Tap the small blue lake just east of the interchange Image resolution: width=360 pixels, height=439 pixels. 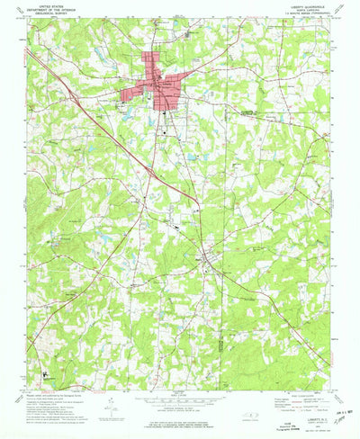point(192,158)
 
